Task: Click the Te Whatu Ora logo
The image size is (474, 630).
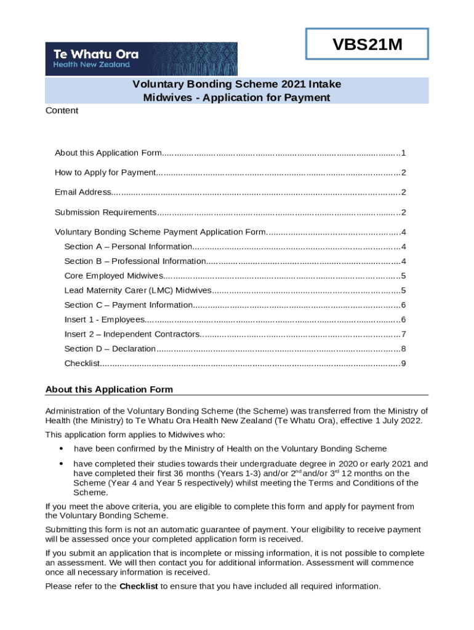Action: pos(141,58)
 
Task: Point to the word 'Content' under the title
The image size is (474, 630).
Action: pos(62,111)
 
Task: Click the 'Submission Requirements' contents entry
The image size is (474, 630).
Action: pos(105,213)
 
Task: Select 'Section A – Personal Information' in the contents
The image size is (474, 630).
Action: pos(128,247)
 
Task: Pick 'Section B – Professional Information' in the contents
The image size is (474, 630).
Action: pos(135,261)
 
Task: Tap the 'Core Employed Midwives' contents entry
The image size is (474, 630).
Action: pos(114,276)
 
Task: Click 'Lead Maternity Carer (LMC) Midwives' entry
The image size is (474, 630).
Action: pos(138,290)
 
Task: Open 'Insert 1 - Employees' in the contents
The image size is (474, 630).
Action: pos(105,320)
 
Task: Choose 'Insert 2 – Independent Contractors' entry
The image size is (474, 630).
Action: pos(132,335)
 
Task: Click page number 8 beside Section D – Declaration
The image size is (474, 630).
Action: pos(403,349)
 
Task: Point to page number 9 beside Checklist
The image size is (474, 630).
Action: pos(403,364)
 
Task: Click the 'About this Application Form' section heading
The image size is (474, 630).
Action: pos(110,389)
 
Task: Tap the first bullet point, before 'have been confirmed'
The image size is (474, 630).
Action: pos(61,449)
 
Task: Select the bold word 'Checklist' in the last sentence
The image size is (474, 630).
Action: pos(139,586)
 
